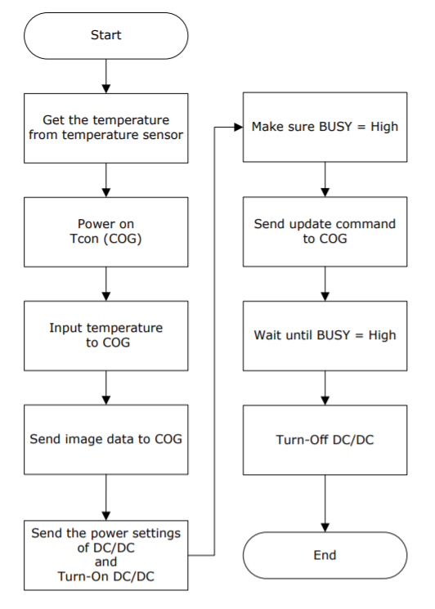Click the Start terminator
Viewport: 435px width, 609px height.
pos(106,36)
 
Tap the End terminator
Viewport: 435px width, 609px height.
pos(325,555)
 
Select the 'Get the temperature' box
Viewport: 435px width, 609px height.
pos(106,128)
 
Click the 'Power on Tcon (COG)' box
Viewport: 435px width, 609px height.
pos(106,232)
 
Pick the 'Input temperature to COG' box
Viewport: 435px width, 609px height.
pos(106,336)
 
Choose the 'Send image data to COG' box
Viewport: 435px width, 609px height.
pos(106,440)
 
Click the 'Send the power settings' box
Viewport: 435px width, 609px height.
pos(106,555)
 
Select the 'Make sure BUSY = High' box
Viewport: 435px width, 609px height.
pos(325,127)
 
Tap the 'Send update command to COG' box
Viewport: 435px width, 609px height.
pos(325,232)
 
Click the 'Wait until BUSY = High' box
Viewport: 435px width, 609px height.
pos(325,336)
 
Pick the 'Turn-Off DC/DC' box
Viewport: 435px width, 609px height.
pos(325,440)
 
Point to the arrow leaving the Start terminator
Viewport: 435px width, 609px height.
pos(106,76)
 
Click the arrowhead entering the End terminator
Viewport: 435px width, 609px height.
pos(325,527)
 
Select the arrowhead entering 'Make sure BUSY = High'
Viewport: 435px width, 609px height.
pos(239,127)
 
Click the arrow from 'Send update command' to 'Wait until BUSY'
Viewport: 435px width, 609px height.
pos(325,284)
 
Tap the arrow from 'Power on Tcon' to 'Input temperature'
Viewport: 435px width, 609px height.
pos(106,284)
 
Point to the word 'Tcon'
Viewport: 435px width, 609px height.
pos(84,239)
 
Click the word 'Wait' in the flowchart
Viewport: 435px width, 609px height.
pos(268,335)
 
